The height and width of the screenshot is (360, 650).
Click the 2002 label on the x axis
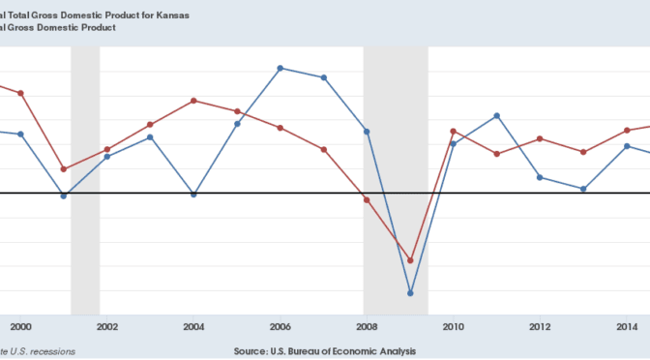107,326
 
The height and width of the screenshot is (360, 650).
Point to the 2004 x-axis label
194,326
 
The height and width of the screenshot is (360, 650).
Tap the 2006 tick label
281,326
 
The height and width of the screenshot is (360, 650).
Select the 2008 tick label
367,326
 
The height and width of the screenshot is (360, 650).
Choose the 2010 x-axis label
454,326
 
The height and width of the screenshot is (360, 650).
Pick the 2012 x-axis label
540,326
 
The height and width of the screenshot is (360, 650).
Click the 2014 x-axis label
627,326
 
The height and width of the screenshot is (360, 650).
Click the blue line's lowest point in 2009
411,293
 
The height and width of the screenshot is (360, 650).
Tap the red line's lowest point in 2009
411,260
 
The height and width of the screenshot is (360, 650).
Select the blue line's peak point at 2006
281,68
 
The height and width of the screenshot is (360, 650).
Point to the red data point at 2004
194,101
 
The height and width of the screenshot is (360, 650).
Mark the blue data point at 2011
497,115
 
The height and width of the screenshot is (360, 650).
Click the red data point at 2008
367,199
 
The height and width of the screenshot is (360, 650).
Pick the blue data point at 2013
583,189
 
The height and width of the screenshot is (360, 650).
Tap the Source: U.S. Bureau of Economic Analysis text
325,350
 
